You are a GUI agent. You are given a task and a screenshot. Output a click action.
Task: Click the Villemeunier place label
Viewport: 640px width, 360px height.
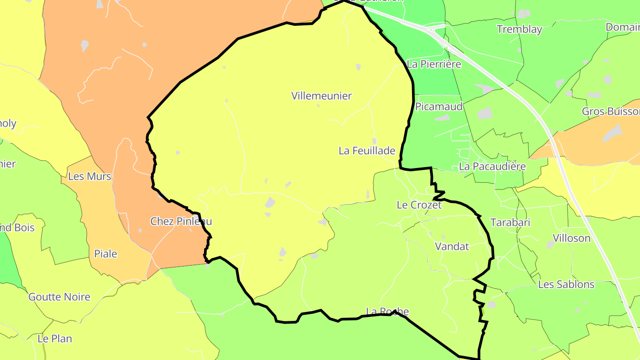321,96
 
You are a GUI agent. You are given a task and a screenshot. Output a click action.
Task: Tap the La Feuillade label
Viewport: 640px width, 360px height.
367,151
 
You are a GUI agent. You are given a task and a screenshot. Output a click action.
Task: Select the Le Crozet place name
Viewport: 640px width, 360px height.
419,205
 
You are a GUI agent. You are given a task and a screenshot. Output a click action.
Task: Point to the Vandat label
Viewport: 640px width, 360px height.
452,246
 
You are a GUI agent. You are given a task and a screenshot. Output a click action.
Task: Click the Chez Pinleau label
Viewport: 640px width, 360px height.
181,221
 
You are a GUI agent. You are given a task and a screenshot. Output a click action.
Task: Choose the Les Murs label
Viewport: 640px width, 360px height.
89,176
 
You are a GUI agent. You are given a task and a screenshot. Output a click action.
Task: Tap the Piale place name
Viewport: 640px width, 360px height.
106,254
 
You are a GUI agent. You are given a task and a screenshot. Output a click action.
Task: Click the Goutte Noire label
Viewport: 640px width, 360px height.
59,296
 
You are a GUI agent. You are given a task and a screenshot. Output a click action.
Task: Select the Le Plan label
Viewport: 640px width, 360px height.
55,338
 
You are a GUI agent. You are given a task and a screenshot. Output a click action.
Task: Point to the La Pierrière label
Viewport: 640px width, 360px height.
434,64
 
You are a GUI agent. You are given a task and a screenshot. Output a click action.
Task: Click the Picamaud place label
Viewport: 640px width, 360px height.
439,106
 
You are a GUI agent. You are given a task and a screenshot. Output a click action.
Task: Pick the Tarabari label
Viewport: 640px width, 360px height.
510,222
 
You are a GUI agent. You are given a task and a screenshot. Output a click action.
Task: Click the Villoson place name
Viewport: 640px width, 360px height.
571,238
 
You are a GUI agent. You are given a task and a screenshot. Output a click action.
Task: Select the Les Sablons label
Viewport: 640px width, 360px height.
566,284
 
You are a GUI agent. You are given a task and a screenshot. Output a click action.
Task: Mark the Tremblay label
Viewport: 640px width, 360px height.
519,29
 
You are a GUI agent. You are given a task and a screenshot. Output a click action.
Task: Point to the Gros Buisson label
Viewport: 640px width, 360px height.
612,111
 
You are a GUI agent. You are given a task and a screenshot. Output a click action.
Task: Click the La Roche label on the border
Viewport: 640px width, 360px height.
387,311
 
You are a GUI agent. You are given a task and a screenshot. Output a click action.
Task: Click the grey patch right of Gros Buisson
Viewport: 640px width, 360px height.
613,132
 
